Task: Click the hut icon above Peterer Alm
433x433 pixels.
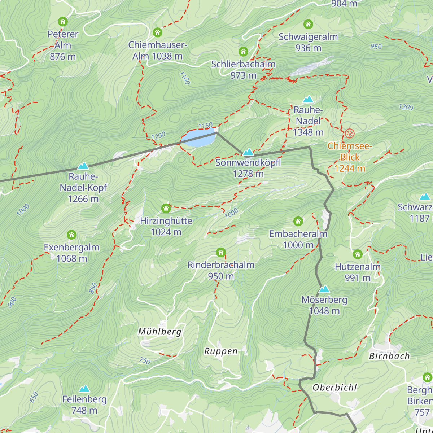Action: click(63, 22)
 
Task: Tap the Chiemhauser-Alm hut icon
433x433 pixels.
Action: click(157, 32)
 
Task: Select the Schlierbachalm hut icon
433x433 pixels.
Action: click(243, 52)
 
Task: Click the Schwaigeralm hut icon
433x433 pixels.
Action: click(308, 24)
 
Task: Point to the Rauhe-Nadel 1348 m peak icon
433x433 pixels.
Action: click(308, 99)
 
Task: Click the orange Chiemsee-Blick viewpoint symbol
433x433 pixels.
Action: click(349, 134)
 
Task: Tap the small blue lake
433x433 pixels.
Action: click(198, 139)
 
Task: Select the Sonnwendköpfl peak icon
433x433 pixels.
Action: click(248, 152)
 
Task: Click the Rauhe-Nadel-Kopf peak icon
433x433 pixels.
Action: click(83, 166)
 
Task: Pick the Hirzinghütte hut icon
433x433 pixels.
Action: click(166, 208)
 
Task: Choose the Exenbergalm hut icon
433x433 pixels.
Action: click(71, 235)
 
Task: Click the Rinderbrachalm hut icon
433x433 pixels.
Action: click(221, 252)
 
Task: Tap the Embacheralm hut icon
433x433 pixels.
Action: click(298, 221)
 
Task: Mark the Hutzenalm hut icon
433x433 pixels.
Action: click(357, 254)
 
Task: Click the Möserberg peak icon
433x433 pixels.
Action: click(324, 289)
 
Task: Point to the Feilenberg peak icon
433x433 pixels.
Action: click(84, 389)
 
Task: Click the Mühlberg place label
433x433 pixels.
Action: click(159, 332)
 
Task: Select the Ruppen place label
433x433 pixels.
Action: click(221, 351)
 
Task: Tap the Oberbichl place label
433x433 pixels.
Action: click(334, 388)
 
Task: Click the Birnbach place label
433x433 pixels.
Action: click(389, 356)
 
